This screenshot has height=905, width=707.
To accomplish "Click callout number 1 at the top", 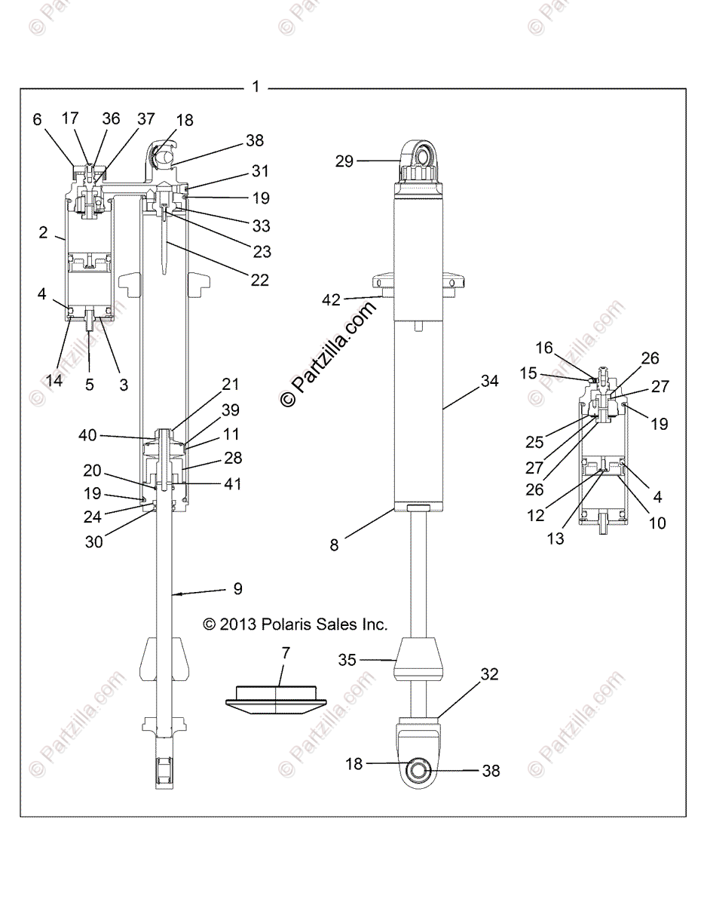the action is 256,87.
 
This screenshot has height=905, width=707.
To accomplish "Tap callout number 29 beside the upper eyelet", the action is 344,161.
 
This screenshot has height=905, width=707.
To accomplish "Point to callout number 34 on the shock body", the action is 489,382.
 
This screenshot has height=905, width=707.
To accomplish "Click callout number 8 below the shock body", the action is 334,545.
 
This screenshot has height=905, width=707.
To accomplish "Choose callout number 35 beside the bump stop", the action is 347,660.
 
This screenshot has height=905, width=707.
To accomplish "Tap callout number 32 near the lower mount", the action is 489,674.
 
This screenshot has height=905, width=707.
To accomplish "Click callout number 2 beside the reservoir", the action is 43,233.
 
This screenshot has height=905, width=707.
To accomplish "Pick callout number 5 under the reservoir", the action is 89,384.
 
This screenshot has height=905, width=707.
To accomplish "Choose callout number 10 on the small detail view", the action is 657,523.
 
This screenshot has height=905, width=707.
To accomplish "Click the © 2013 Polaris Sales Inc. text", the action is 295,624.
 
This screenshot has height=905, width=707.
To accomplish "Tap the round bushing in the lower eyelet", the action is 418,770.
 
